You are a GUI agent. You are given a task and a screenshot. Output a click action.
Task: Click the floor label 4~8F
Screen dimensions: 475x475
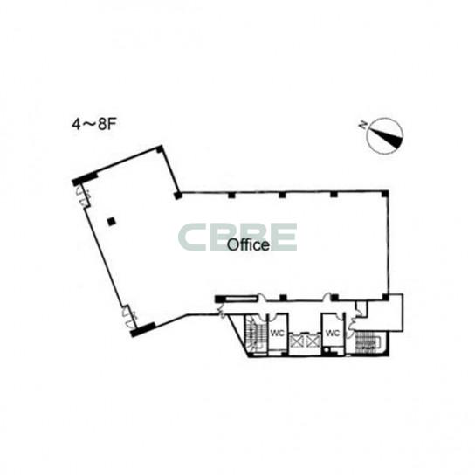click(x=94, y=124)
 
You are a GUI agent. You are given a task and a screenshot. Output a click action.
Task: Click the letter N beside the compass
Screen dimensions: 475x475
click(x=362, y=125)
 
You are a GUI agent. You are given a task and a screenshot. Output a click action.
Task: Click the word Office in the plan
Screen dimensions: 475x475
click(x=248, y=244)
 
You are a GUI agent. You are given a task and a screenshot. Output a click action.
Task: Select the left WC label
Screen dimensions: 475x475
click(x=277, y=334)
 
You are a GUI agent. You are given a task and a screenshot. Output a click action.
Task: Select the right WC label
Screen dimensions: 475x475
click(x=333, y=334)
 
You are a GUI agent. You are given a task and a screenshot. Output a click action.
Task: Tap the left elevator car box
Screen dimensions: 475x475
click(x=296, y=341)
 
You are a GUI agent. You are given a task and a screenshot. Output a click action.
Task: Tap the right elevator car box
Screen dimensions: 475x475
click(x=313, y=341)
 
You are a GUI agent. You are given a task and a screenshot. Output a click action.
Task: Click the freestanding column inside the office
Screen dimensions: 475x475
click(x=112, y=222)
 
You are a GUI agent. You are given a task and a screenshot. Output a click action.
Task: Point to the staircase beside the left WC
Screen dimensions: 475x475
click(x=255, y=334)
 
